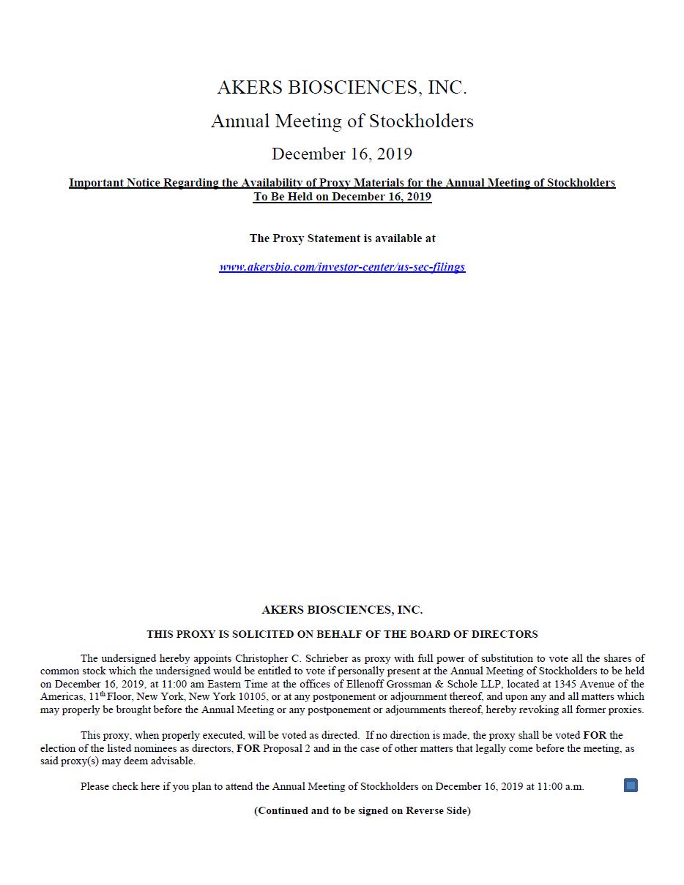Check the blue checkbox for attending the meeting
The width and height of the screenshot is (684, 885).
[x=631, y=786]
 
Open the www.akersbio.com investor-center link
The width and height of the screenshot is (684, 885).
[x=342, y=267]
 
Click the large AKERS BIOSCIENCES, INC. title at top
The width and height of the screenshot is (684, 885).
[x=342, y=88]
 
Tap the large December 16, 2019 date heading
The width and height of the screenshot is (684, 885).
[x=342, y=154]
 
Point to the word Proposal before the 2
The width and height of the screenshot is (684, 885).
[x=286, y=748]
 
